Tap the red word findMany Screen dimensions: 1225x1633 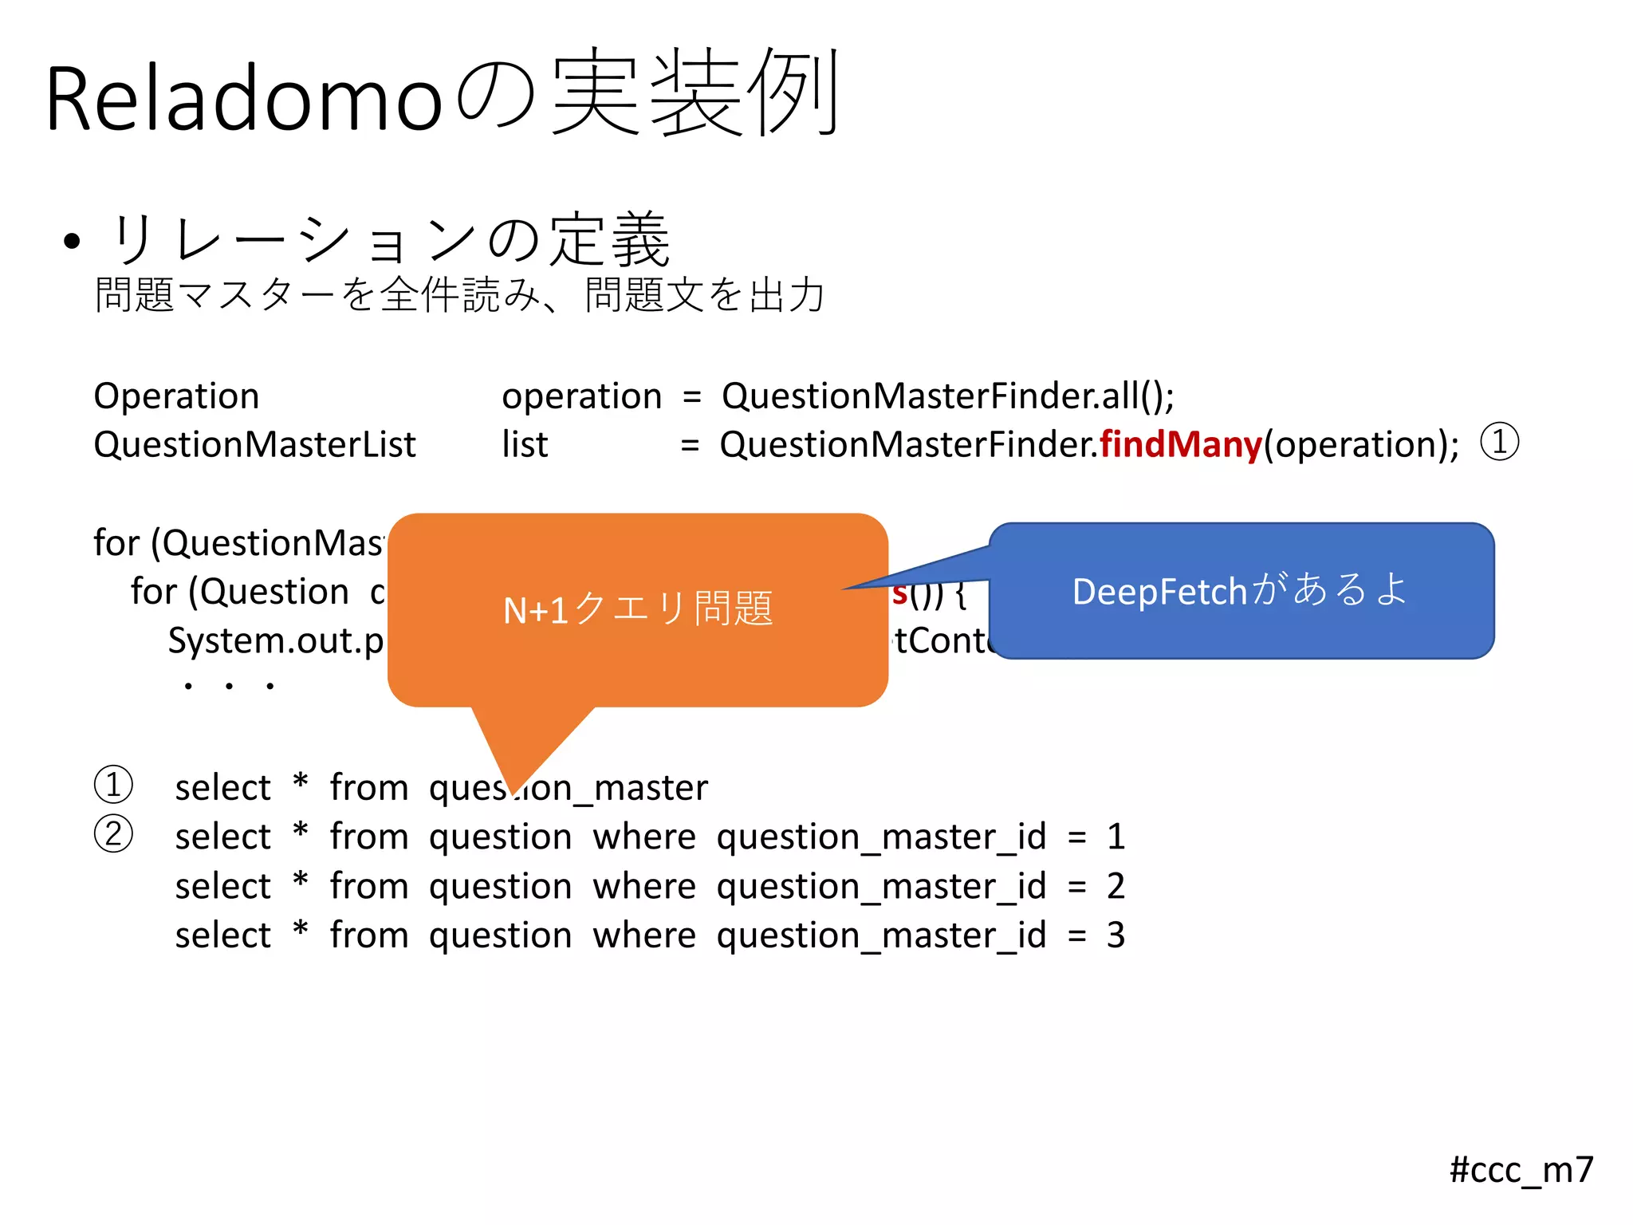pyautogui.click(x=1180, y=444)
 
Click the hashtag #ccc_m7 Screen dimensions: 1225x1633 pyautogui.click(x=1521, y=1170)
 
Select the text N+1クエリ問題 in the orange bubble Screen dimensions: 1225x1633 pyautogui.click(x=638, y=609)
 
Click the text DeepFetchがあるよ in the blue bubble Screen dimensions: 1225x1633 pyautogui.click(x=1240, y=590)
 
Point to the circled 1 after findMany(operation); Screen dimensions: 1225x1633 pyautogui.click(x=1500, y=443)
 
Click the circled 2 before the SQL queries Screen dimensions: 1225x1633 pyautogui.click(x=113, y=835)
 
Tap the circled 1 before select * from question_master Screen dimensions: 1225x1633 pyautogui.click(x=113, y=785)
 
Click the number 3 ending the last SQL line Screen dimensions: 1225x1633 pyautogui.click(x=1116, y=935)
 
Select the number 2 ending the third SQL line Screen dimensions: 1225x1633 pyautogui.click(x=1116, y=886)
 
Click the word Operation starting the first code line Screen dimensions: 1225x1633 pyautogui.click(x=176, y=396)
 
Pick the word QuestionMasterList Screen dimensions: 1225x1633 pyautogui.click(x=254, y=444)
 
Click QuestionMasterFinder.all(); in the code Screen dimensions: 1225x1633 pyautogui.click(x=947, y=396)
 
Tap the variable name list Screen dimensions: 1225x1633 pyautogui.click(x=524, y=444)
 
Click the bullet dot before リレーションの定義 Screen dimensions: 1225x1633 pyautogui.click(x=73, y=241)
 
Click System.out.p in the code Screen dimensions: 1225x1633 pyautogui.click(x=275, y=640)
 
